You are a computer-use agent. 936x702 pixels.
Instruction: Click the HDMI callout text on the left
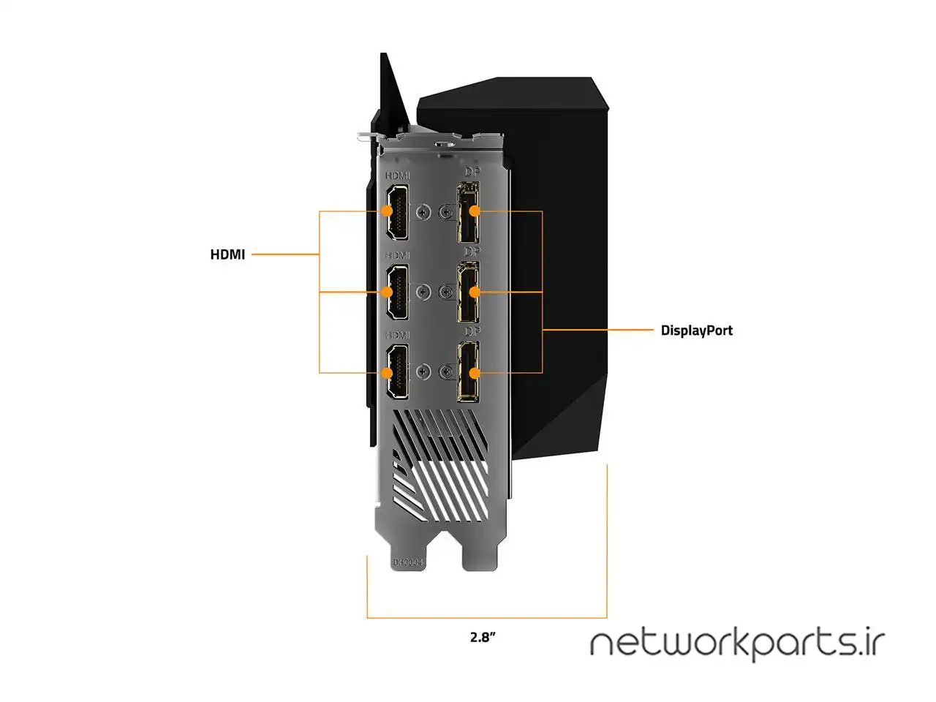[x=227, y=254]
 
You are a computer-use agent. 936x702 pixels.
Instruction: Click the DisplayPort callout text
[x=696, y=331]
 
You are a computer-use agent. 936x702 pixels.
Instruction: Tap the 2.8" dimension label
[x=483, y=637]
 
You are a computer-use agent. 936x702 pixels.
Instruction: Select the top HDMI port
[x=397, y=211]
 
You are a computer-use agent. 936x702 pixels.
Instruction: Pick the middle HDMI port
[x=397, y=292]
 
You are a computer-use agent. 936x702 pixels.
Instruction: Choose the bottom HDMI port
[x=397, y=372]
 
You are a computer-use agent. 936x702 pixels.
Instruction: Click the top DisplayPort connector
[x=468, y=212]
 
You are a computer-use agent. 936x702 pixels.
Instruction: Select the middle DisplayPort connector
[x=468, y=292]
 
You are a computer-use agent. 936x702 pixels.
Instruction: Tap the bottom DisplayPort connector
[x=468, y=372]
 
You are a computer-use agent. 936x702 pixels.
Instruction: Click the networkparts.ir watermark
[x=737, y=643]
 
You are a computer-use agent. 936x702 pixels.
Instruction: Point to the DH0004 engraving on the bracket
[x=408, y=562]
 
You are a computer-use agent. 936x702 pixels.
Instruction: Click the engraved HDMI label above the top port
[x=398, y=176]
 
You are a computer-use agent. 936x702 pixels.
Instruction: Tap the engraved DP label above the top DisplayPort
[x=472, y=172]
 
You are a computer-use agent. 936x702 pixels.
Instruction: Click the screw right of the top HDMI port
[x=422, y=212]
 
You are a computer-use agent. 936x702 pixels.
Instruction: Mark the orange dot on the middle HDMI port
[x=388, y=292]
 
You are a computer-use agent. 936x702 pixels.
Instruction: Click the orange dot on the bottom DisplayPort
[x=475, y=373]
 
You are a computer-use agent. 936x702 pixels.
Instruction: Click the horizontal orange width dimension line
[x=487, y=618]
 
